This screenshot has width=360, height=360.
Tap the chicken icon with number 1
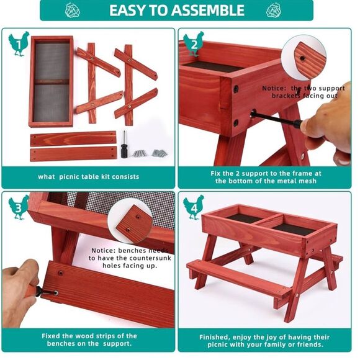point(18,44)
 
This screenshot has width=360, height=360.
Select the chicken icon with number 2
point(193,44)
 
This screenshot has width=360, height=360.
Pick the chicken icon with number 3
point(18,207)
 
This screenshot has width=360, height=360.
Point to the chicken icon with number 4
point(193,207)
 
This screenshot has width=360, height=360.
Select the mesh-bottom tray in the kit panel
point(51,81)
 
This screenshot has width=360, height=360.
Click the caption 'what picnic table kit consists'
point(88,177)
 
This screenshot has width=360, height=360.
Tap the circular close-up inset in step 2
point(304,59)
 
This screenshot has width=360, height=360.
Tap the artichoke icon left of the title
point(73,10)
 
